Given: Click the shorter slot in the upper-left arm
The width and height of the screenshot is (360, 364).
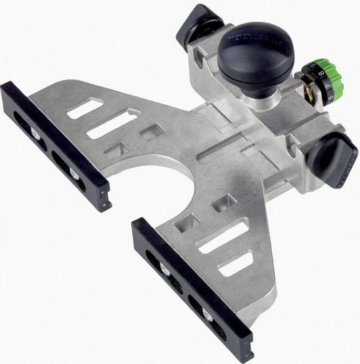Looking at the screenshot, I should pos(85,109).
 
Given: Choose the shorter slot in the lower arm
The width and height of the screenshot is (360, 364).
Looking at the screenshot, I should pos(236,263).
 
